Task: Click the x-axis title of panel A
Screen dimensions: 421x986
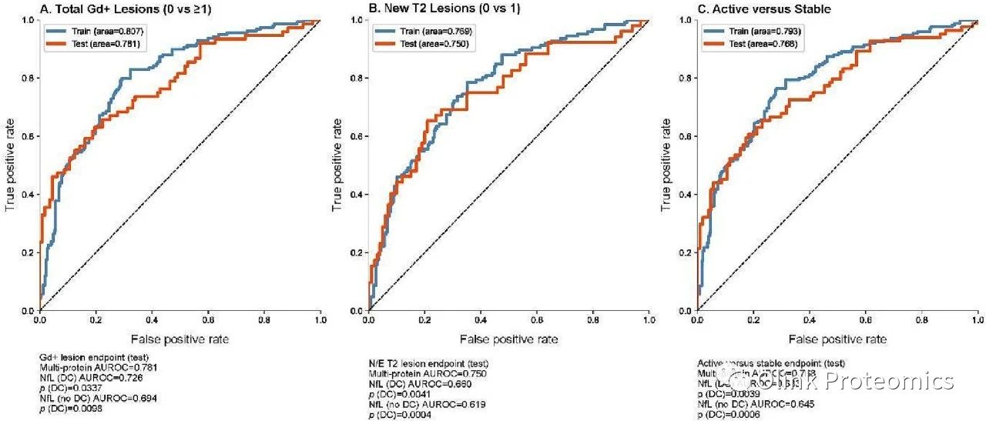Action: [x=179, y=339]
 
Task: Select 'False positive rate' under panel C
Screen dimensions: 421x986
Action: [x=837, y=339]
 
